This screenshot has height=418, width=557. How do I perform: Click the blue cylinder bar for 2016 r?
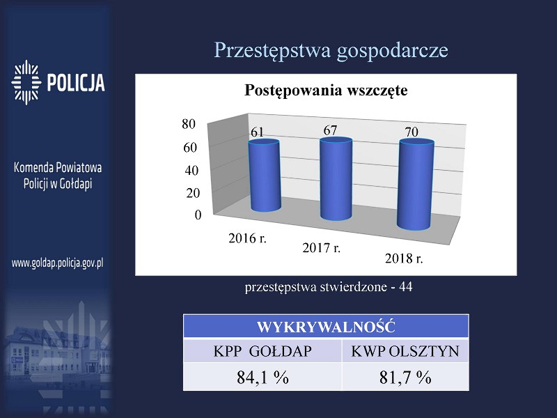pos(265,176)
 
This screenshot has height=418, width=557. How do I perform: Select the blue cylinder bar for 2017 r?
pos(336,179)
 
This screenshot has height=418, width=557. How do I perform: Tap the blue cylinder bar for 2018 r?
pos(416,184)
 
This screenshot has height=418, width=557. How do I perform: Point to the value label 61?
pos(257,132)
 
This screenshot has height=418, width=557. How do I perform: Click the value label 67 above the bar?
pos(330,130)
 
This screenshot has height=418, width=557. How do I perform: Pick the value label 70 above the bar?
pos(411,132)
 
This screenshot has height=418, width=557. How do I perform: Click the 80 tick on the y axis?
pos(189,124)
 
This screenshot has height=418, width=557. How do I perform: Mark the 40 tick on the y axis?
pos(191,171)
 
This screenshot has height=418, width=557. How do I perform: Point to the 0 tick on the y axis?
pos(198,215)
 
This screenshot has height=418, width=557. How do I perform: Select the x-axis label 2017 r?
pos(322,248)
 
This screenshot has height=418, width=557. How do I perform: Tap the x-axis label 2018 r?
pos(404,258)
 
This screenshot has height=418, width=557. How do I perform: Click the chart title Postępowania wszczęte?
pos(326,91)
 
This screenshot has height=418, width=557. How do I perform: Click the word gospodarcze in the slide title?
pos(393,51)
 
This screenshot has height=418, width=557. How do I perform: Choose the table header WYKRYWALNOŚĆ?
pos(326,327)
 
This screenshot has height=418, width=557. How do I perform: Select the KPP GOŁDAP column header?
pos(262,351)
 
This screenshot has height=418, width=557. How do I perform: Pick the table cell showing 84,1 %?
pos(262,377)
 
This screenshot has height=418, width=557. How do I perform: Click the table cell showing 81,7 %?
pos(405,377)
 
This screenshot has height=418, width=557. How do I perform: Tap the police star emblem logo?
pos(26,82)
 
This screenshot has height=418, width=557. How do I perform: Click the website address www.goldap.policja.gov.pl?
pos(58,263)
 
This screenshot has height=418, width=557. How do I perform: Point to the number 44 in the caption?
pos(406,287)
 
